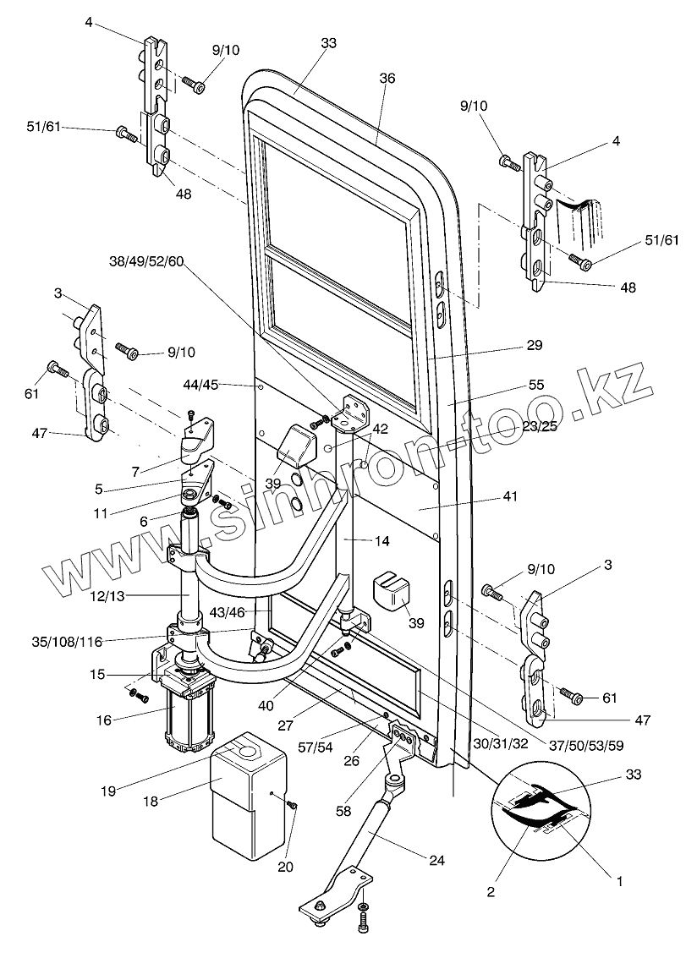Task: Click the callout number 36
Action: (387, 78)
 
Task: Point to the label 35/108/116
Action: (66, 642)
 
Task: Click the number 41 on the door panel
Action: (509, 497)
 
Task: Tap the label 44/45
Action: (200, 385)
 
